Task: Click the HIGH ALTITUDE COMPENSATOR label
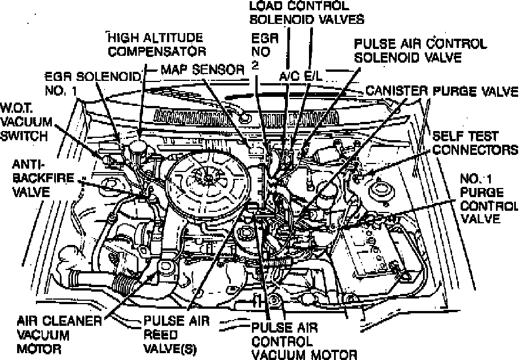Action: click(x=157, y=45)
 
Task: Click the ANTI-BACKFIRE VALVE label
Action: click(x=38, y=177)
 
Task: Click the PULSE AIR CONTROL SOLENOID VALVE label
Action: click(x=420, y=50)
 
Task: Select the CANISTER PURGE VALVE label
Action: click(x=442, y=91)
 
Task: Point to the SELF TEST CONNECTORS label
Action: click(x=475, y=143)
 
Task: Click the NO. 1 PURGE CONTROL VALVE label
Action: click(x=487, y=198)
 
